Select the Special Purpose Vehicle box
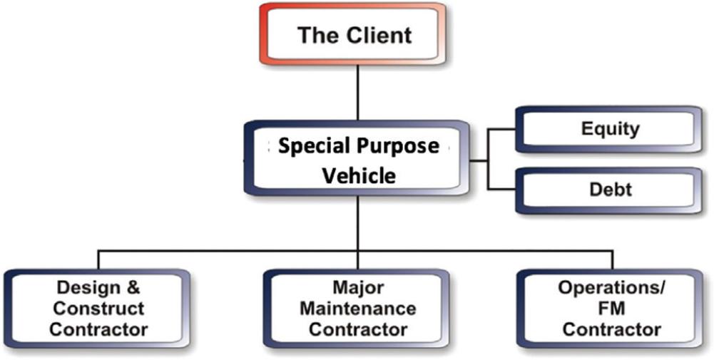[x=358, y=160]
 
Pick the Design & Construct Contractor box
[x=99, y=309]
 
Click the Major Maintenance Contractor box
[x=358, y=309]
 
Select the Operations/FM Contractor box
[x=611, y=309]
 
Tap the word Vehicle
[x=358, y=175]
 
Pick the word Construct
[x=99, y=309]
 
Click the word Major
[x=358, y=288]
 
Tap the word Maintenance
[x=358, y=309]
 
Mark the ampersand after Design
[x=133, y=288]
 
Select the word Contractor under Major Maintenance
[x=358, y=329]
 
